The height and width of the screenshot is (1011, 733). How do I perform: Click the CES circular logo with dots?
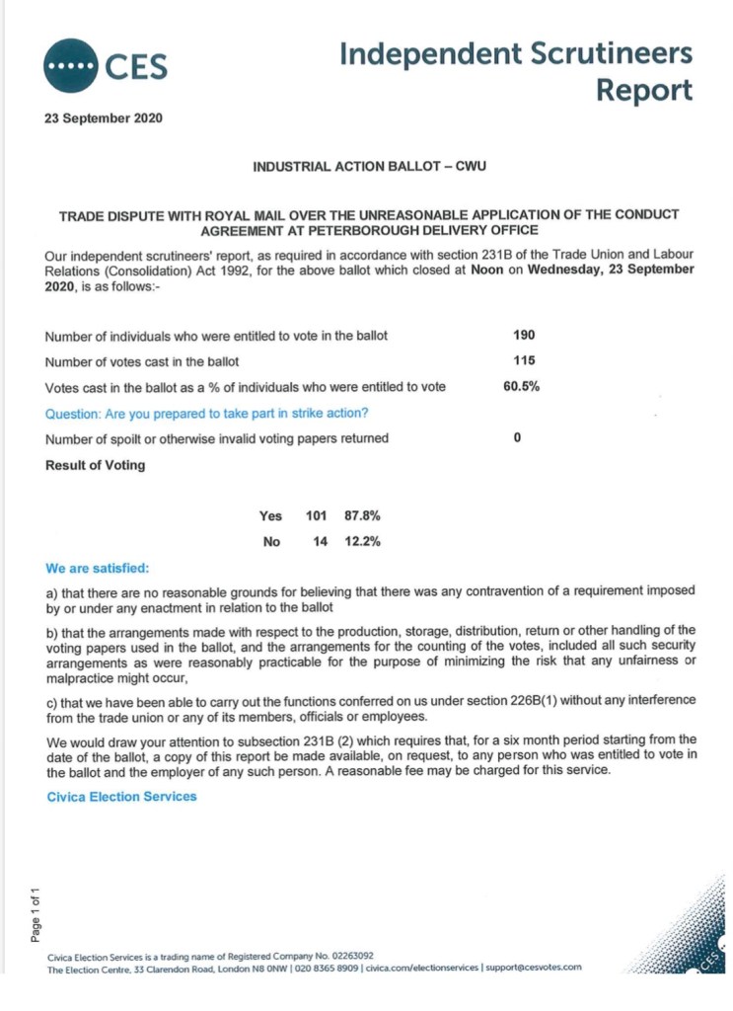tap(70, 65)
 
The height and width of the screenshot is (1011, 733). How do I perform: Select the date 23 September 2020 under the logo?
tap(104, 118)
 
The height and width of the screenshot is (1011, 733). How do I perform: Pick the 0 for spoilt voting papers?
tap(517, 437)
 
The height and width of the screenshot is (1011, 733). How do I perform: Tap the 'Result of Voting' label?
tap(95, 464)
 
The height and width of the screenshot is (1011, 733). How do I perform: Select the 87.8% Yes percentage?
tap(362, 515)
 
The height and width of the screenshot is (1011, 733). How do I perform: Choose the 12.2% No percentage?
tap(362, 541)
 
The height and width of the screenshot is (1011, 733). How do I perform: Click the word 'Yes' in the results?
tap(270, 515)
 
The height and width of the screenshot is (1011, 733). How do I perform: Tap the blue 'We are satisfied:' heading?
tap(99, 569)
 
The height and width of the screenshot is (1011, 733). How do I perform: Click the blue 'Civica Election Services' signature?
tap(121, 796)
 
